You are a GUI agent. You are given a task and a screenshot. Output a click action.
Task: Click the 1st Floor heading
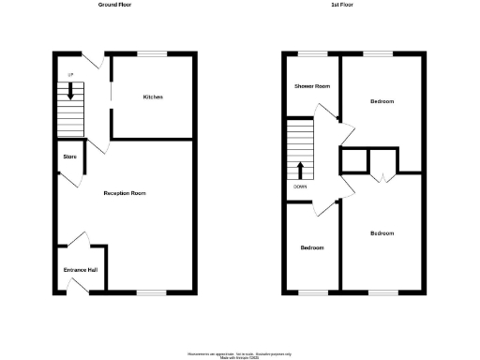(341, 5)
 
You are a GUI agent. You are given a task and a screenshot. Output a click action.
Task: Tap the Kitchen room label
(154, 97)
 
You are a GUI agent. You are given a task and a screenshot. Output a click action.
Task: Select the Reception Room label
(125, 193)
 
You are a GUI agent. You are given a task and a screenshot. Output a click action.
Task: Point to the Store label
(69, 157)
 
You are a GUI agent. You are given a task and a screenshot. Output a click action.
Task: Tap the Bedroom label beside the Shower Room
(382, 100)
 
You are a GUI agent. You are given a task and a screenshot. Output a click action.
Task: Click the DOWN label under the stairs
(300, 187)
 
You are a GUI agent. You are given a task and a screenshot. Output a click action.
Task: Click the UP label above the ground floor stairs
(68, 75)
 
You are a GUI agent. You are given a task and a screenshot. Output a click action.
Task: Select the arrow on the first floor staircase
(301, 170)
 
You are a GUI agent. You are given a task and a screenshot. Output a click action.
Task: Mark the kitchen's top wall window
(153, 54)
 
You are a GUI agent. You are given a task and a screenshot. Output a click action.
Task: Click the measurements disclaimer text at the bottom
(239, 354)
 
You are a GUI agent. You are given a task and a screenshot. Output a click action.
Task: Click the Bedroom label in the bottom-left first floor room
(312, 247)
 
